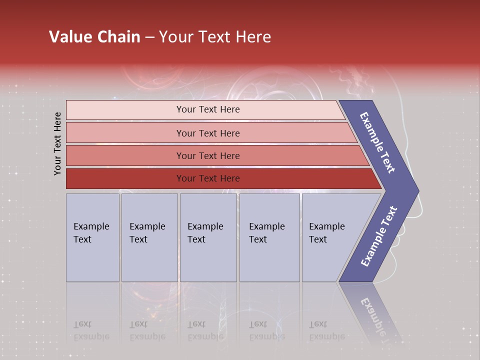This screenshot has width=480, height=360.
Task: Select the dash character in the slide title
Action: [149, 37]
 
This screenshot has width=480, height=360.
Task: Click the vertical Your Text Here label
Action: [57, 143]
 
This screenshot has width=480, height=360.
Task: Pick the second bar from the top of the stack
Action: [207, 133]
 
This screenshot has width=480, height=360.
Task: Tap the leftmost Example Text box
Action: [92, 237]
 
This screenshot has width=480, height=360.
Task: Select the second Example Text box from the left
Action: [149, 237]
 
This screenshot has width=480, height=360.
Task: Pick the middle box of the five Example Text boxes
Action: [208, 237]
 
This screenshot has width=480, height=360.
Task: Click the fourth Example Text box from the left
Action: [269, 237]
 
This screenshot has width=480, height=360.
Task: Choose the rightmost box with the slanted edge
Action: [330, 237]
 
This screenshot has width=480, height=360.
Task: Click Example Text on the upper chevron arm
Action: [377, 142]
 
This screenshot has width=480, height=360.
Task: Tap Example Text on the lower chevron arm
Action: [378, 236]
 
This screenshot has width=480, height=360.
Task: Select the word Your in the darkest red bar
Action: [186, 178]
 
